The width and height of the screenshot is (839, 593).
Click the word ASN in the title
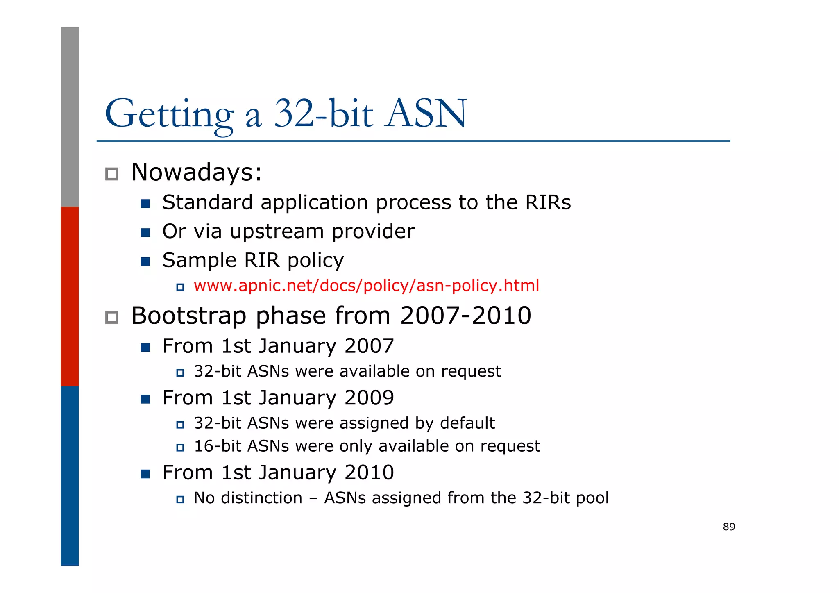pyautogui.click(x=426, y=114)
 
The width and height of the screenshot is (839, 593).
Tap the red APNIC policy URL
pyautogui.click(x=366, y=286)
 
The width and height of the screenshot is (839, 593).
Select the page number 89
pyautogui.click(x=729, y=527)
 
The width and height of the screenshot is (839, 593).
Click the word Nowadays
pyautogui.click(x=196, y=173)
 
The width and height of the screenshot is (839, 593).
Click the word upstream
pyautogui.click(x=277, y=232)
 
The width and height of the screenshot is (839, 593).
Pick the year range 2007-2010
pyautogui.click(x=465, y=316)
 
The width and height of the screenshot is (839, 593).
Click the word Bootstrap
pyautogui.click(x=188, y=316)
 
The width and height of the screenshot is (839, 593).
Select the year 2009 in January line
pyautogui.click(x=369, y=398)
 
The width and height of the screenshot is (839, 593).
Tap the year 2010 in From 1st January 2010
pyautogui.click(x=369, y=473)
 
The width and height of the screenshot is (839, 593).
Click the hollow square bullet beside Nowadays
pyautogui.click(x=112, y=174)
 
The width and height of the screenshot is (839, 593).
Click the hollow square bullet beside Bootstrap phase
pyautogui.click(x=112, y=317)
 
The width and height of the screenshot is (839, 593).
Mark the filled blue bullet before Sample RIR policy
pyautogui.click(x=145, y=261)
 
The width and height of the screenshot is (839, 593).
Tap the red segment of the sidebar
pyautogui.click(x=70, y=296)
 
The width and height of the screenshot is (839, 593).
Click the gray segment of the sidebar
pyautogui.click(x=70, y=117)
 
